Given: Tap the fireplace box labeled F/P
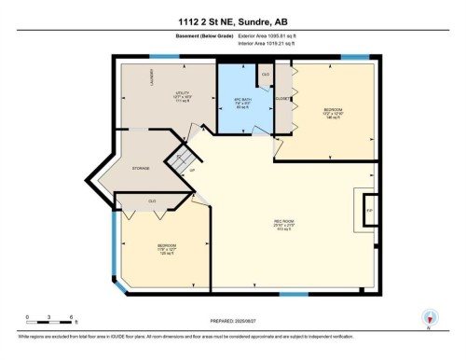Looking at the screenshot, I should click(x=368, y=210).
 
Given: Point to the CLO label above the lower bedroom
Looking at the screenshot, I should click(x=152, y=201).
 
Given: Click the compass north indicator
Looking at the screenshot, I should click(x=430, y=317).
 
